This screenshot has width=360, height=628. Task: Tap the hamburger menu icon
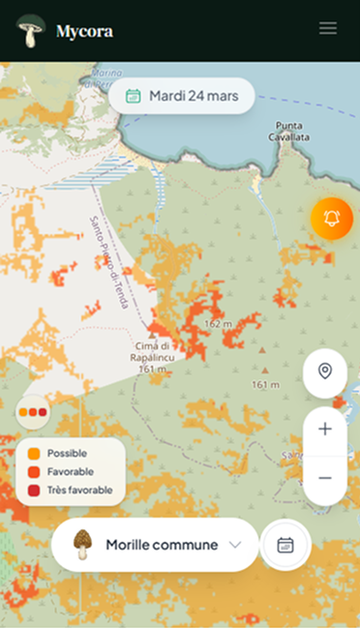328,29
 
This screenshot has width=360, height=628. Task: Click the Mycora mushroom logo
31,30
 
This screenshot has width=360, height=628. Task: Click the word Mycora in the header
84,31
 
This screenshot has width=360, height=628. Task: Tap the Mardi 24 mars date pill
181,96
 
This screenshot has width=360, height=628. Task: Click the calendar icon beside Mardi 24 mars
134,96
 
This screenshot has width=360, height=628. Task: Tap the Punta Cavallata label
290,132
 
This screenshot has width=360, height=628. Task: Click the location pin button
325,372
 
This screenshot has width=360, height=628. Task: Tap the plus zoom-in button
325,430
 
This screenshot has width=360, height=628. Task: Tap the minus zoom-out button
325,478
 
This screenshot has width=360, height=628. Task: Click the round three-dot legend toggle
33,411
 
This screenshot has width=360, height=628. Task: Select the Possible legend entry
65,453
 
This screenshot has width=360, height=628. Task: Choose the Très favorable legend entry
76,490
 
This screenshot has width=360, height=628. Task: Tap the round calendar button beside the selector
285,545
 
